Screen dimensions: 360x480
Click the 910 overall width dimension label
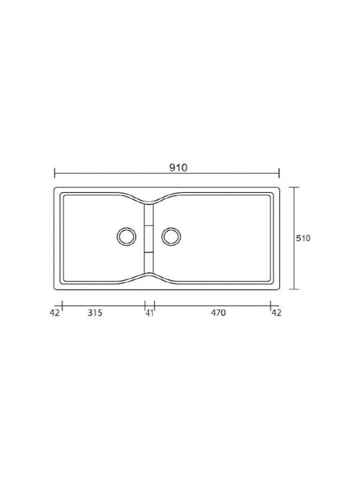[x=178, y=167]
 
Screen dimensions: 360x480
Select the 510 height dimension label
[x=303, y=238]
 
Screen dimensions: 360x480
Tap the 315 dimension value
[x=95, y=313]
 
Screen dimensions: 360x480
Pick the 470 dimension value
[x=218, y=313]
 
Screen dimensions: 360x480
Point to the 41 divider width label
[x=149, y=313]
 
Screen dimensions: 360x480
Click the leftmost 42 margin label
[x=55, y=313]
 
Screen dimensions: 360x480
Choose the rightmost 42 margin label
[x=276, y=313]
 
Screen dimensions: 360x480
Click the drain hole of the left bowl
[x=127, y=236]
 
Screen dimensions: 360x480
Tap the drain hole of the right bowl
[x=171, y=236]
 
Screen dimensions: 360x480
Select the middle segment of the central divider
[x=149, y=239]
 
